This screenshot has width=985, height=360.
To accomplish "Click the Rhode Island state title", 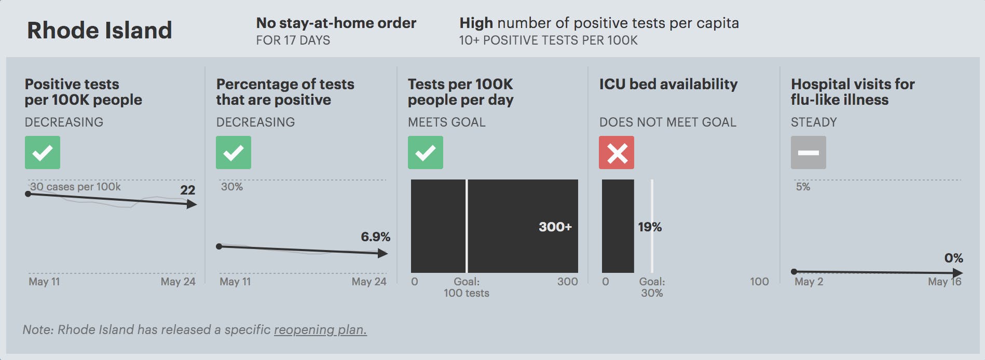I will [99, 31].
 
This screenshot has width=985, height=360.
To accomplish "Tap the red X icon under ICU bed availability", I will [617, 153].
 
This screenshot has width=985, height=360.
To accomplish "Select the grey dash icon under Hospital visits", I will [808, 153].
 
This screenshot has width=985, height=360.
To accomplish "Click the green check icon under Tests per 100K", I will [425, 153].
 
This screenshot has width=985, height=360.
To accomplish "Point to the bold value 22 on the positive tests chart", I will [187, 190].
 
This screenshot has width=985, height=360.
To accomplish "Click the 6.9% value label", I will [375, 237].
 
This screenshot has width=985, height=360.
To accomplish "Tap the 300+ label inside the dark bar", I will [555, 227].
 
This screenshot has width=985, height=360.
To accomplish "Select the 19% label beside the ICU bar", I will [649, 227].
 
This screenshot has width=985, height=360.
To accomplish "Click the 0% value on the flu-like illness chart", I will [953, 258].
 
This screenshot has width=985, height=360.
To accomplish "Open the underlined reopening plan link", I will [320, 330].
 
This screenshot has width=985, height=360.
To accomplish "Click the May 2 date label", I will [809, 282].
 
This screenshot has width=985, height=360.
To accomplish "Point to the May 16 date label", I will [945, 282].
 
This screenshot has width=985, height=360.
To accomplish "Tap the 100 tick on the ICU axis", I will [759, 282].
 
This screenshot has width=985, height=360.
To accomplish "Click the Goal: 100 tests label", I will [467, 287].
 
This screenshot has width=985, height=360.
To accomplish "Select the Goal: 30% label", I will [652, 287].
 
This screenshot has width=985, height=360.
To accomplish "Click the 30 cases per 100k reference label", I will [75, 187].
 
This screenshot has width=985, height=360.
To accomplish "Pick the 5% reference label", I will [803, 187].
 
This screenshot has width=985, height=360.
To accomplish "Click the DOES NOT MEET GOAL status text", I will [667, 122].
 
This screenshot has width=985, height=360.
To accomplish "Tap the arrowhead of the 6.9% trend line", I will [383, 253].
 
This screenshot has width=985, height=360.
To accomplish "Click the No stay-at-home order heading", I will [336, 23].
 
